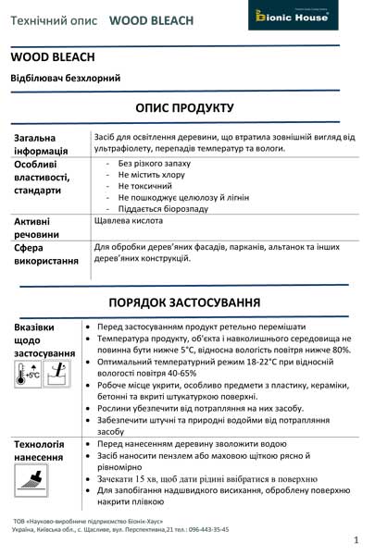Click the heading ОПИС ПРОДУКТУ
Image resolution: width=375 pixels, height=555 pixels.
[x=188, y=106]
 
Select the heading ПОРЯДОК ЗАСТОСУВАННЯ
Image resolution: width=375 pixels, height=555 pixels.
[x=188, y=302]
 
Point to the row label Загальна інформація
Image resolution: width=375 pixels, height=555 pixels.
[x=41, y=144]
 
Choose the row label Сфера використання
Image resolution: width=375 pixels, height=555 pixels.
[x=45, y=254]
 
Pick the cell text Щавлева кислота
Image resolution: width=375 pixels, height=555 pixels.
[x=130, y=223]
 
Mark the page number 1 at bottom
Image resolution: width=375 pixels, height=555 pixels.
[x=356, y=539]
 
